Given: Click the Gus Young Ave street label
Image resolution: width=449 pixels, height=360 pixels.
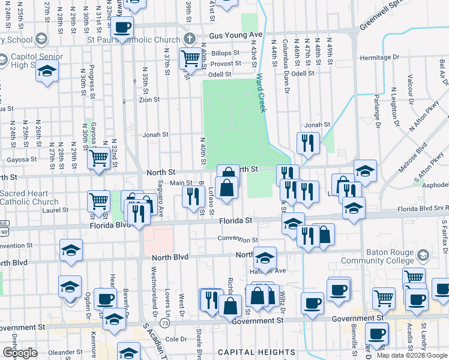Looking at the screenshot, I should click(235, 35).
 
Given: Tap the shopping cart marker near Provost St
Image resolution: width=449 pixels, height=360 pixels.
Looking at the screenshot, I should click(190, 59).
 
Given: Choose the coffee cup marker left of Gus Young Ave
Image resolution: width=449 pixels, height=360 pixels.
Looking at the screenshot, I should click(122, 28).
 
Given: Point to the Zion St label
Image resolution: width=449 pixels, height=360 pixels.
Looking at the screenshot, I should click(149, 100).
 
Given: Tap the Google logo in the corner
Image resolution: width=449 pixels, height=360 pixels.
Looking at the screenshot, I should click(20, 353).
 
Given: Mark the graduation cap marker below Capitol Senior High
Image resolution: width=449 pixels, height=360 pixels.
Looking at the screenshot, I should click(46, 72).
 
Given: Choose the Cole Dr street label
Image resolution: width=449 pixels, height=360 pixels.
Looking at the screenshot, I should click(176, 339).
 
